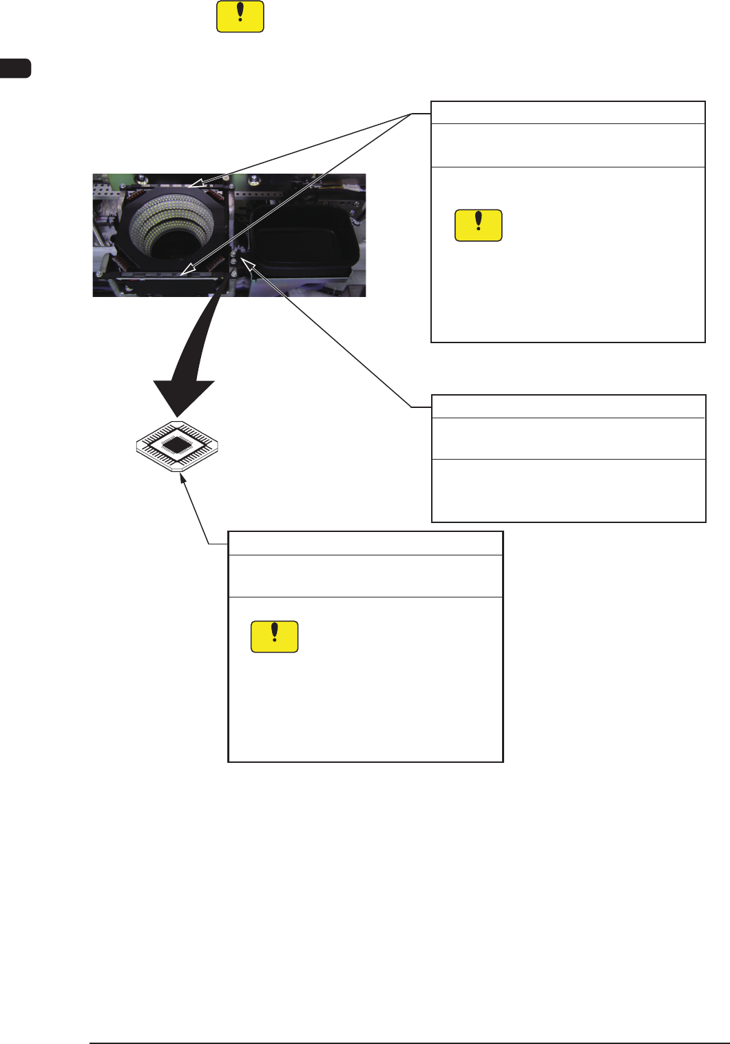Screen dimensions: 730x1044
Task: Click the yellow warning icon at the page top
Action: (240, 17)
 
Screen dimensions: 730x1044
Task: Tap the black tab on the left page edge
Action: (15, 68)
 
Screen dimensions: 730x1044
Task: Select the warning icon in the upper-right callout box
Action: (479, 225)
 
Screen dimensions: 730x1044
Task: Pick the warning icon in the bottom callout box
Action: (275, 637)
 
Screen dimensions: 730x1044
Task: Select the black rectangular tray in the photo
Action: (303, 238)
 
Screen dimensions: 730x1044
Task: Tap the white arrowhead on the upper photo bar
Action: (196, 184)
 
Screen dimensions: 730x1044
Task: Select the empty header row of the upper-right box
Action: (567, 112)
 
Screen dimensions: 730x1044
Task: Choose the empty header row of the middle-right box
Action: (567, 406)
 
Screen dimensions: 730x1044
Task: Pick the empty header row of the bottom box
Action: (365, 543)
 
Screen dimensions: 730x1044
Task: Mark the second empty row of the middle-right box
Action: (567, 438)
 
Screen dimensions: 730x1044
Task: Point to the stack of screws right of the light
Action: (235, 265)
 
